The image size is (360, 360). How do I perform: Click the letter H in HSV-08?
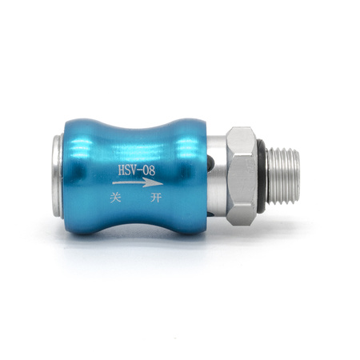tap(122, 170)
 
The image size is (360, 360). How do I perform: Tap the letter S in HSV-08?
tap(130, 170)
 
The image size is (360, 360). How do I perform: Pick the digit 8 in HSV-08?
tap(152, 170)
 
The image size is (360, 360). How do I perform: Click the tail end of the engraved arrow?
tap(113, 183)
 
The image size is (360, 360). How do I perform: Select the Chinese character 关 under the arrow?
tap(116, 198)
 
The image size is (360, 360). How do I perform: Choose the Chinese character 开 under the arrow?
tap(156, 198)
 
